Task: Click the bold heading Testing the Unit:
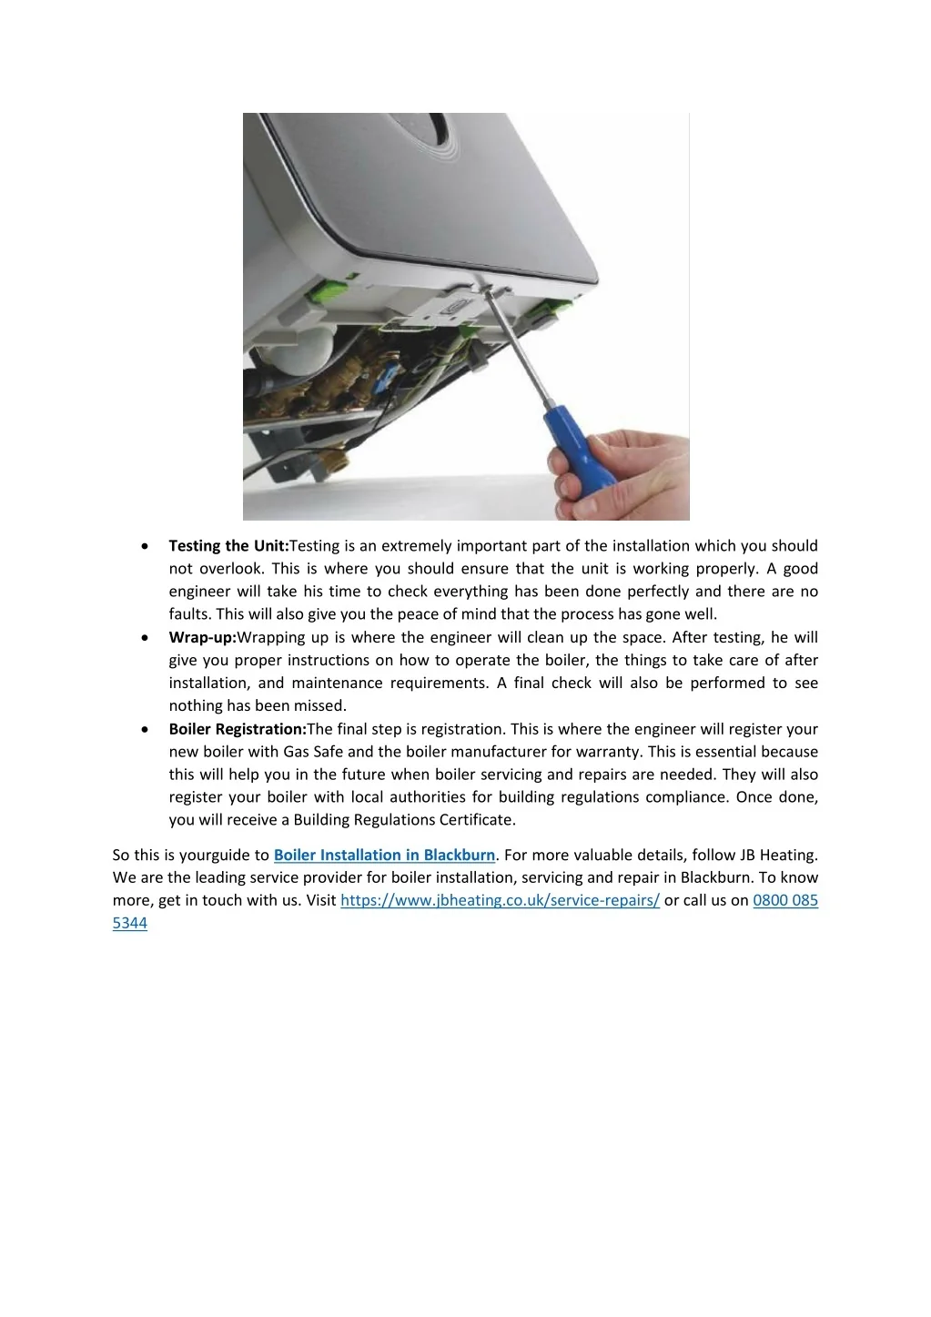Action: (228, 546)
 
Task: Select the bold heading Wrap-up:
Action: (202, 637)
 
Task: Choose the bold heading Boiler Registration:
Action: (238, 729)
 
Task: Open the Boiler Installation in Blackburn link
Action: (384, 855)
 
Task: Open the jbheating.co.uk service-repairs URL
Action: (500, 900)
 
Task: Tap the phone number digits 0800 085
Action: (785, 900)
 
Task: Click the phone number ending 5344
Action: (130, 923)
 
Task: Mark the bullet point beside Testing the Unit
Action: (146, 546)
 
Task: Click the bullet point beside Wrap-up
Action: (146, 637)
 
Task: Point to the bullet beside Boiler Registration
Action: (146, 729)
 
